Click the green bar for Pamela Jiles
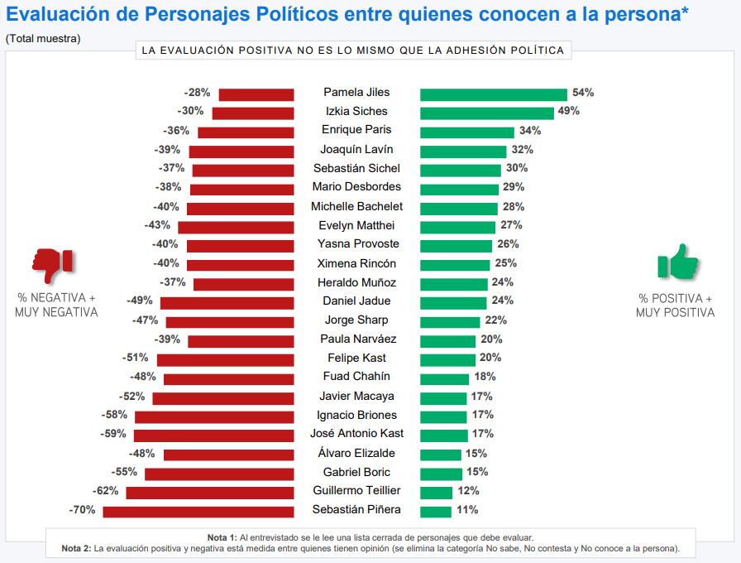(494, 94)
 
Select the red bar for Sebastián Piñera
(198, 511)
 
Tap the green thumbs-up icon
(677, 262)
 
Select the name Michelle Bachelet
(357, 206)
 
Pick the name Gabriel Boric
(357, 472)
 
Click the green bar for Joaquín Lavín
(463, 152)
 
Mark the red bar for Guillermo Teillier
(210, 492)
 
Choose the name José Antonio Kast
(357, 434)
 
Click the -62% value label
(106, 491)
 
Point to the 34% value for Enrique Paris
(529, 130)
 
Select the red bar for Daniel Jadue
(227, 302)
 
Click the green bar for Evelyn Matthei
(458, 226)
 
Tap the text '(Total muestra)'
(43, 39)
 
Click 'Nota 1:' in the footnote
(222, 537)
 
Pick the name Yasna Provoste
(357, 244)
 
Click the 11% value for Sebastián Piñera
(466, 510)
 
